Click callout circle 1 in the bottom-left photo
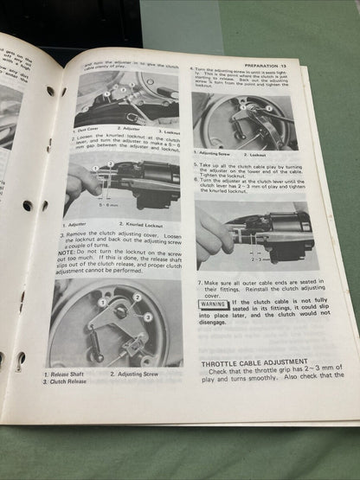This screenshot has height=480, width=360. (x=101, y=303)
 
